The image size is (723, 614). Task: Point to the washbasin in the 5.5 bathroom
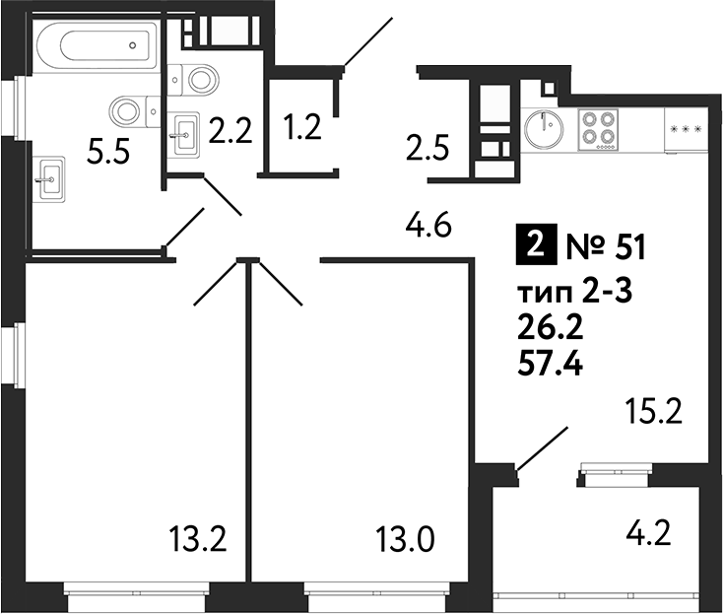tap(51, 177)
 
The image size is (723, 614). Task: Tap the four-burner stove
tap(599, 127)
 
